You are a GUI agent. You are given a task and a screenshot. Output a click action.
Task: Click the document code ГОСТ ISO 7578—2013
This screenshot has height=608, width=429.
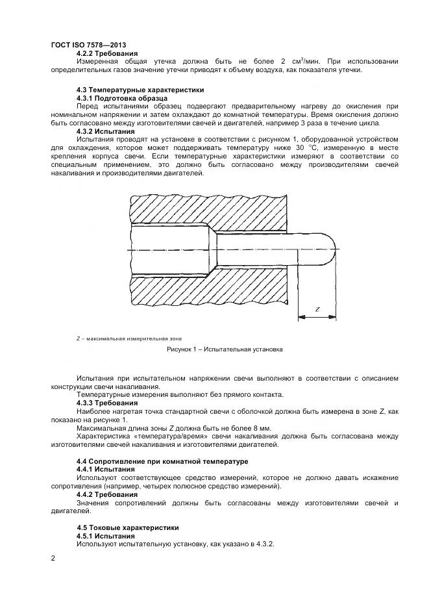click(89, 45)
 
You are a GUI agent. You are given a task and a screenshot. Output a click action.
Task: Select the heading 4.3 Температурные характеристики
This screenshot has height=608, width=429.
click(140, 90)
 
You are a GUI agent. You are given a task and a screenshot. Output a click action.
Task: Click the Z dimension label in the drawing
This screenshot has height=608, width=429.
click(317, 310)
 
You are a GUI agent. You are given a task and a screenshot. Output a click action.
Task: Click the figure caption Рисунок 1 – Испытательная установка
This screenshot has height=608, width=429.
click(225, 349)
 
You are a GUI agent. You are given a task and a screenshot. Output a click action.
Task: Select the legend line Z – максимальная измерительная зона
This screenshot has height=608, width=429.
click(129, 338)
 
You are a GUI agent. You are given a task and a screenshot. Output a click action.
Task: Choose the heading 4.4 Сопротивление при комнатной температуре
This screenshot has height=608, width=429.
click(153, 461)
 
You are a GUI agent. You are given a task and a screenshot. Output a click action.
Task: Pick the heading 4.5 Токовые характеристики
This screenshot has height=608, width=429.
click(128, 527)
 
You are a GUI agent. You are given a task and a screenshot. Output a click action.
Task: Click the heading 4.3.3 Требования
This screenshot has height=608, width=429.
click(106, 403)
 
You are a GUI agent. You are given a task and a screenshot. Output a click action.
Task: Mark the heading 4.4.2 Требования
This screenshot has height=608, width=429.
click(106, 494)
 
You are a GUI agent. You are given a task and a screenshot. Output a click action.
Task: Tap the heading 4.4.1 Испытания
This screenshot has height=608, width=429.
click(106, 468)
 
